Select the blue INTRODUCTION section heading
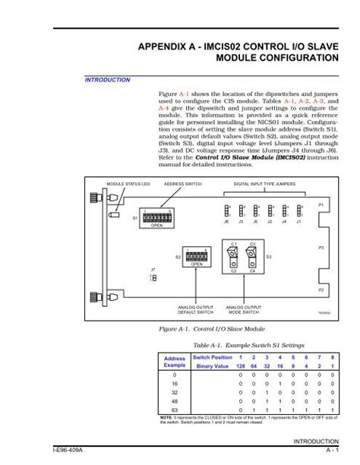[x=106, y=79]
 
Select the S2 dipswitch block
[x=195, y=255]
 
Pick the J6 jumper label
[x=226, y=222]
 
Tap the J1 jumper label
[x=300, y=222]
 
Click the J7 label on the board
[x=153, y=270]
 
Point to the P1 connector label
[x=321, y=205]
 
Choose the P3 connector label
[x=321, y=248]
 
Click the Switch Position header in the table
[x=212, y=356]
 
